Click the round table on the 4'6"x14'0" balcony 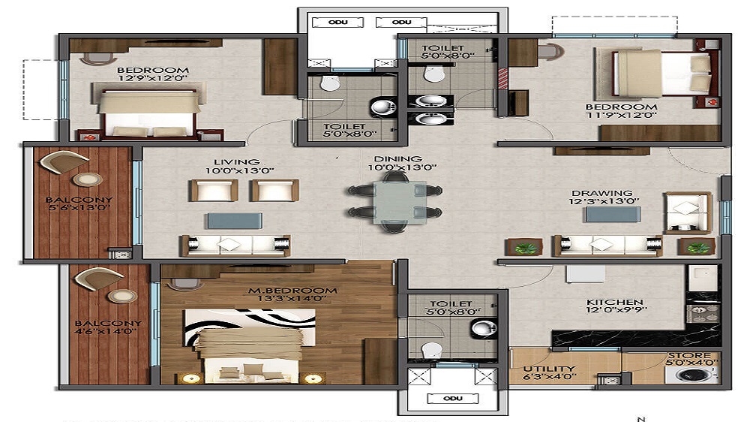click(121, 295)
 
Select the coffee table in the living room click(235, 221)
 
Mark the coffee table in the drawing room click(613, 215)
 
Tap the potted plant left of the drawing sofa click(526, 247)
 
